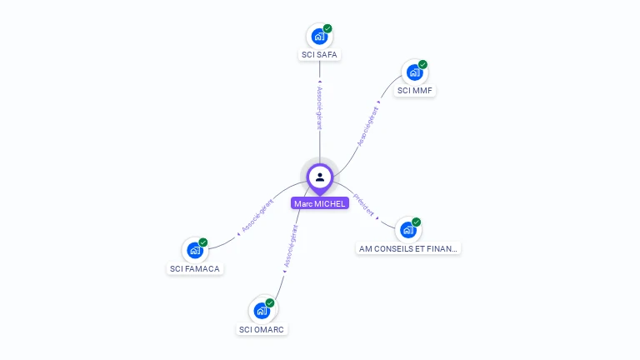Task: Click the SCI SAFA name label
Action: click(x=320, y=55)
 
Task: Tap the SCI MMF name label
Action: click(x=415, y=90)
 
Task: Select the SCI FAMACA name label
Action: click(x=195, y=268)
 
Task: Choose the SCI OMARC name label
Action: click(x=262, y=329)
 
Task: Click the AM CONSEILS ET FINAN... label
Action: click(x=408, y=248)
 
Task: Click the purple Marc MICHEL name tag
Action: click(x=320, y=203)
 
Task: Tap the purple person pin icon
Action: click(x=320, y=177)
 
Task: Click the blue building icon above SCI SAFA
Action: click(x=318, y=37)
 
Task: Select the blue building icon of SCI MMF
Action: click(x=413, y=72)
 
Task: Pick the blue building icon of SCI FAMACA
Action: click(x=194, y=250)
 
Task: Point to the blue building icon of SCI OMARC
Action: click(x=262, y=311)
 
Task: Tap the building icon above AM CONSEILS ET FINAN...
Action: click(x=407, y=230)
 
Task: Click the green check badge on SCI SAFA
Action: click(x=327, y=28)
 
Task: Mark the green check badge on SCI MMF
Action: click(x=422, y=64)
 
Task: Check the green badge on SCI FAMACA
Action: click(x=203, y=242)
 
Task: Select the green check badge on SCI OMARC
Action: click(x=270, y=302)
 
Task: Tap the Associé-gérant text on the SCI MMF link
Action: click(x=367, y=127)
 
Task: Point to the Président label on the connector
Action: click(x=365, y=206)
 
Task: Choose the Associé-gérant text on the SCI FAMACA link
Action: click(x=257, y=216)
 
